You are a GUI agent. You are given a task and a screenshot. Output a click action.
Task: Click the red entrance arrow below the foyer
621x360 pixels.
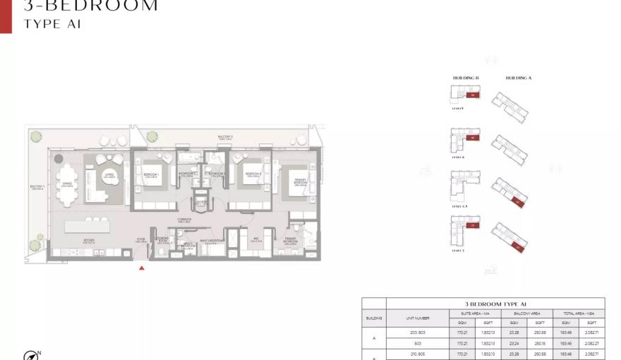pyautogui.click(x=142, y=268)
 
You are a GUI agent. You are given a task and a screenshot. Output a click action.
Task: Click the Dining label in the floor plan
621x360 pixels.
pyautogui.click(x=68, y=183)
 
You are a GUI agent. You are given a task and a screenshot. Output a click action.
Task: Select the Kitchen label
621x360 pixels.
pyautogui.click(x=89, y=240)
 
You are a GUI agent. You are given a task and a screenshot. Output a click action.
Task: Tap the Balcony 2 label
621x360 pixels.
pyautogui.click(x=225, y=137)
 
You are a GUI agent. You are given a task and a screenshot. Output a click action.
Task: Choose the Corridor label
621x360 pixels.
pyautogui.click(x=185, y=220)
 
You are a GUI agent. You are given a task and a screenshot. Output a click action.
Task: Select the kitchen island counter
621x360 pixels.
pyautogui.click(x=98, y=227)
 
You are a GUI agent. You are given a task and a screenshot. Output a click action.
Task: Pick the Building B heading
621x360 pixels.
pyautogui.click(x=466, y=78)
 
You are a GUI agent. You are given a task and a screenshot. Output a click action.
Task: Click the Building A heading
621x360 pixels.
pyautogui.click(x=519, y=78)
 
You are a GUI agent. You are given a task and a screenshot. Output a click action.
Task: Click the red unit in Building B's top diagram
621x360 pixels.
pyautogui.click(x=474, y=94)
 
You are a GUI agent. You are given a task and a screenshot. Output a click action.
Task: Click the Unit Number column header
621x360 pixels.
pyautogui.click(x=418, y=318)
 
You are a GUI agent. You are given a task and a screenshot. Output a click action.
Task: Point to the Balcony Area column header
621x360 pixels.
pyautogui.click(x=526, y=312)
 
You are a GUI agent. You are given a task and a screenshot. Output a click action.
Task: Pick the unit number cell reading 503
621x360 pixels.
pyautogui.click(x=418, y=344)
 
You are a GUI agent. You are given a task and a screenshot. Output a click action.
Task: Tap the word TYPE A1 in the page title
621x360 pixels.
pyautogui.click(x=53, y=24)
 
